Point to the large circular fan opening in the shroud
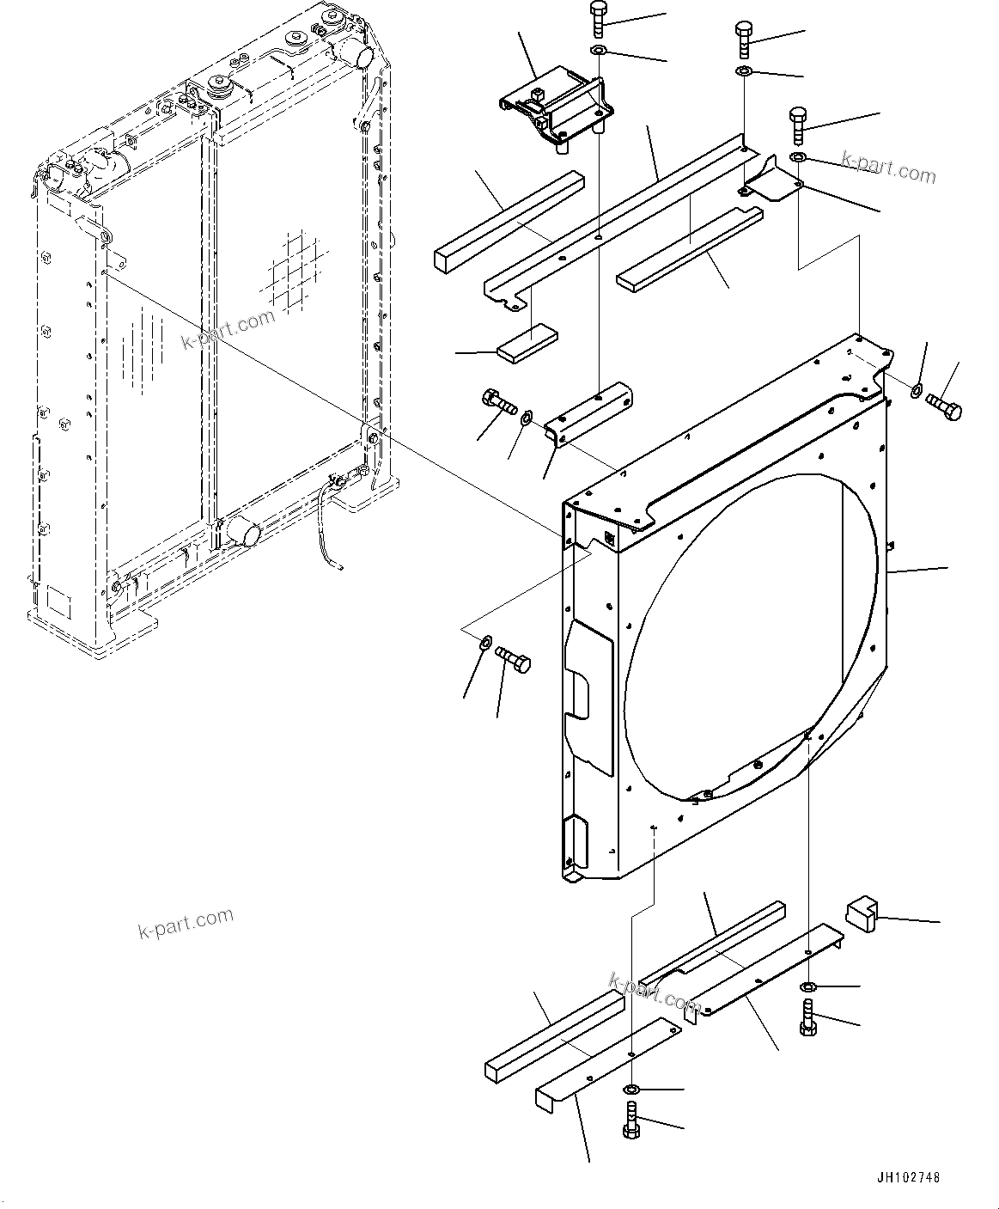click(x=747, y=636)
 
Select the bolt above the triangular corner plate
click(x=797, y=125)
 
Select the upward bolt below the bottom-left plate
click(x=631, y=1123)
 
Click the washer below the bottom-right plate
click(x=808, y=986)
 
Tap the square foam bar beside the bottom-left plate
click(x=554, y=1031)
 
